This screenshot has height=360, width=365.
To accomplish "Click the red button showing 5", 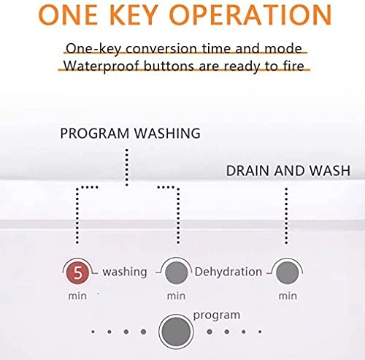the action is [78, 273].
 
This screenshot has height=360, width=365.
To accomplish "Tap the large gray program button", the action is [176, 332].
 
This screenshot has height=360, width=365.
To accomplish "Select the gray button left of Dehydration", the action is [176, 273].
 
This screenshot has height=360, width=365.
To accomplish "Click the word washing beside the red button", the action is [125, 272].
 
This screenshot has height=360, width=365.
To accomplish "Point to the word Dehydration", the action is [228, 272].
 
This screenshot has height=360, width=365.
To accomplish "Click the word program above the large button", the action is [217, 315].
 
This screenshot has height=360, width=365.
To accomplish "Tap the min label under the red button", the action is [77, 296].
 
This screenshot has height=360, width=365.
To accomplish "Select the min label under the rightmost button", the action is [288, 296].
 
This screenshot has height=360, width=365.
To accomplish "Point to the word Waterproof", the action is [101, 66].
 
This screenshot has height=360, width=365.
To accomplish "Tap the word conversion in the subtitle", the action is [161, 48].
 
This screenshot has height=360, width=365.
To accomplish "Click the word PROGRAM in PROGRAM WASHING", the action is [94, 134].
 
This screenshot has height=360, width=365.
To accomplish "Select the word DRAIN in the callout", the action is [248, 171].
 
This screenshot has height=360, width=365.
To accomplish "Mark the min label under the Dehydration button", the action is [176, 296].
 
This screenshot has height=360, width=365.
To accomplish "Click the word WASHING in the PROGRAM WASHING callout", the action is [167, 134].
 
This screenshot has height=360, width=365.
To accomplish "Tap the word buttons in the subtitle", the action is [169, 66].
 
